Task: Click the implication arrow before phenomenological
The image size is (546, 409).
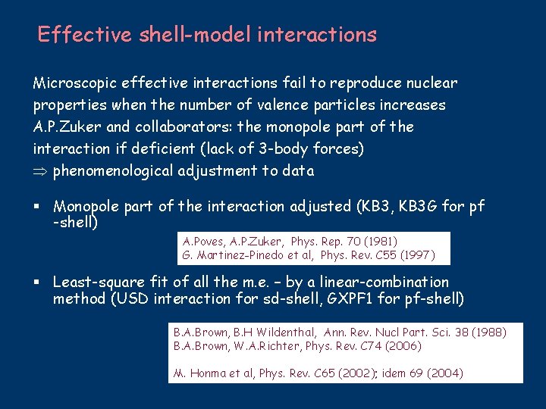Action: [41, 171]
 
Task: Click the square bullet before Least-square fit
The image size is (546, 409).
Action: [36, 283]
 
